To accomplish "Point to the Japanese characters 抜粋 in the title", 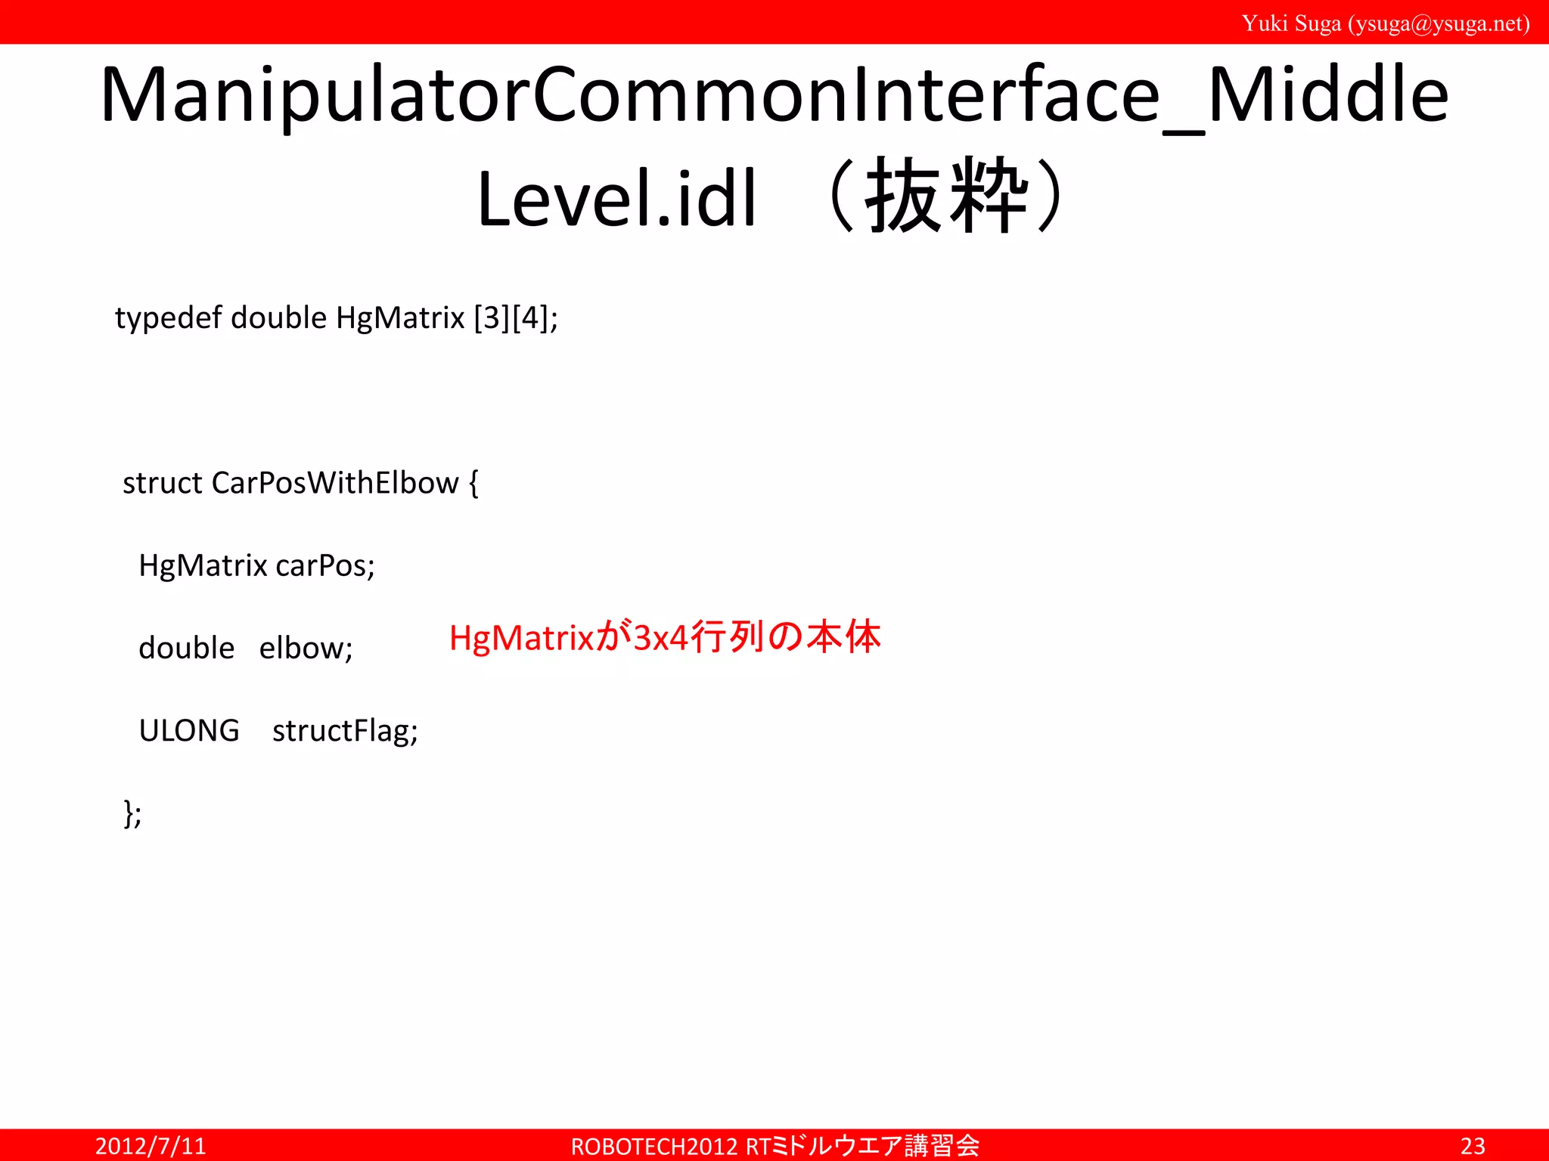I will tap(947, 197).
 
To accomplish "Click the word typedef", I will tap(168, 317).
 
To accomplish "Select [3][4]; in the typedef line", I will tap(516, 318).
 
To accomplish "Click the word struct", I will tap(162, 483).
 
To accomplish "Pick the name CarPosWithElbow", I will tap(335, 483).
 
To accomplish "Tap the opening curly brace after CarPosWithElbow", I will tap(473, 484).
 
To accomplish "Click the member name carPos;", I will tap(324, 565).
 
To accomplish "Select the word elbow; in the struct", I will tap(306, 648).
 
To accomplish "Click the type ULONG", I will tap(189, 731).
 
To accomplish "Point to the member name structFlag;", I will tap(345, 731).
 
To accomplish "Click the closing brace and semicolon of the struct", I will tap(132, 814).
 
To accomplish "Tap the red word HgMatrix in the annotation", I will tap(522, 638).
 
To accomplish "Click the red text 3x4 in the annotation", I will tap(660, 638).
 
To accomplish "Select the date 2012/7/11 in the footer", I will tap(151, 1146).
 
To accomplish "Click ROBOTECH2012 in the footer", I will tap(654, 1147).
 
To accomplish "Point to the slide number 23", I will tap(1472, 1146).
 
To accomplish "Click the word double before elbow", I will tap(186, 648).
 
